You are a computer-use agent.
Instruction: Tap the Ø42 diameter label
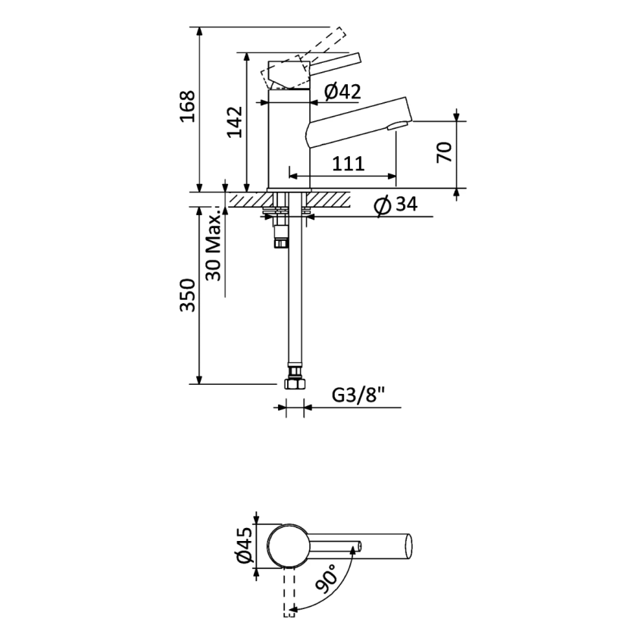(342, 92)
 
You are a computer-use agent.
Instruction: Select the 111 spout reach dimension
(348, 163)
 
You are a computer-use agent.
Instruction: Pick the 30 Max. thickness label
(214, 246)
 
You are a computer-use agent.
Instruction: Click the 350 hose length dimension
(188, 295)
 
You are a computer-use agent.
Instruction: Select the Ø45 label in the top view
(243, 546)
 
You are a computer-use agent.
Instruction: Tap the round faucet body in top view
(289, 546)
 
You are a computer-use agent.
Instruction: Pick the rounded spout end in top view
(408, 546)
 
